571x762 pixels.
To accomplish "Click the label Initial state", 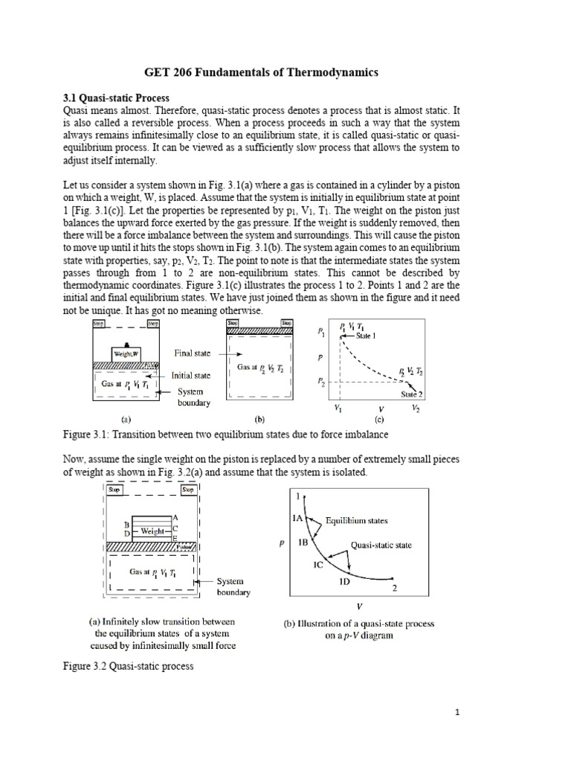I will pos(193,376).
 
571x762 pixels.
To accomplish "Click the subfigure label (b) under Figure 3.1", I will pos(259,418).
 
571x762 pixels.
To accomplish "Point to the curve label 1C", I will pos(317,566).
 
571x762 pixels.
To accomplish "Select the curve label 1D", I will pos(345,582).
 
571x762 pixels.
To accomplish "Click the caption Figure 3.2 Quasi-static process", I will pos(129,666).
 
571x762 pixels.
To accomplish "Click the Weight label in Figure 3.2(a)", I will pos(152,531).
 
